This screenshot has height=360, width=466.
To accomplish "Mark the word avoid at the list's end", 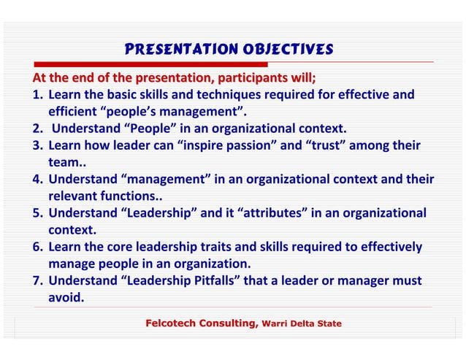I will [x=65, y=297].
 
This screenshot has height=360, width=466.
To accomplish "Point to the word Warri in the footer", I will [x=277, y=323].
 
